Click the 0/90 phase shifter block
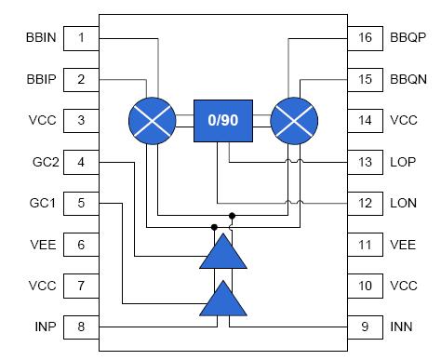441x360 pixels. point(223,120)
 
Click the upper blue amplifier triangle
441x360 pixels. point(223,252)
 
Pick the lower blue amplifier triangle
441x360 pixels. point(223,300)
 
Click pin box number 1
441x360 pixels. point(82,38)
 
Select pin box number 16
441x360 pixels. point(365,38)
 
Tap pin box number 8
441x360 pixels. point(82,326)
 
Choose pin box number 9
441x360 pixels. point(365,326)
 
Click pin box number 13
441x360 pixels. point(365,161)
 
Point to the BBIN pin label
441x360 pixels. point(43,38)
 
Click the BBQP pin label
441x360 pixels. point(408,38)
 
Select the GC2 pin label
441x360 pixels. point(45,161)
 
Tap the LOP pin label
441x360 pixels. point(404,161)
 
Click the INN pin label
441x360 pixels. point(403,326)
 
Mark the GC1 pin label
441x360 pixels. point(45,202)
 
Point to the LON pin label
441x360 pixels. point(404,202)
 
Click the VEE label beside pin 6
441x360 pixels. point(45,244)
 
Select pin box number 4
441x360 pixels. point(82,161)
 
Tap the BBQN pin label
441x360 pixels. point(408,79)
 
